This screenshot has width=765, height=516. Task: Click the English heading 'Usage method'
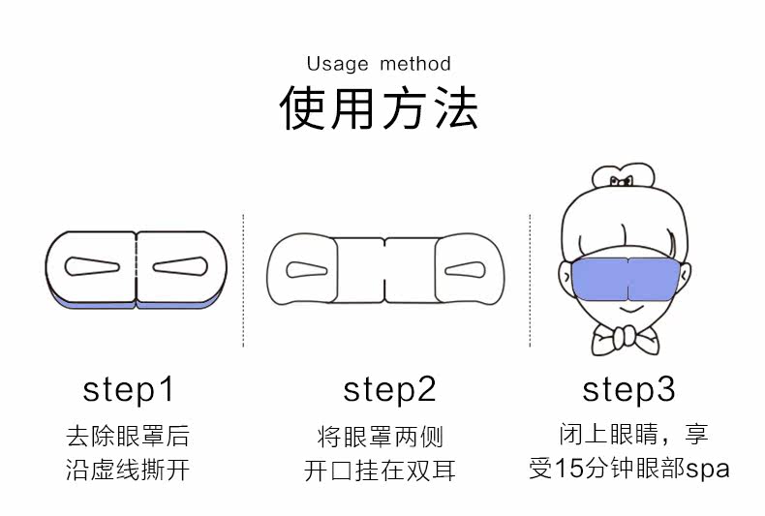coord(379,64)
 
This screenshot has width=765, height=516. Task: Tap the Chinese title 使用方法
coord(379,108)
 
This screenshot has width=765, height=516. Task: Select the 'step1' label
coord(128,390)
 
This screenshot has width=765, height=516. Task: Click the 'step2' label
coord(389,390)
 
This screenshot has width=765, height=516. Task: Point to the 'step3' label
coord(628,390)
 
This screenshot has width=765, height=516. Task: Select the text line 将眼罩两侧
coord(380,436)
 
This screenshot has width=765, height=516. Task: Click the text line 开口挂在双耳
coord(380,471)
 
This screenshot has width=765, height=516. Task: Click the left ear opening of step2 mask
coord(308,267)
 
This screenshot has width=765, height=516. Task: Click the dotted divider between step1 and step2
coord(243,281)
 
